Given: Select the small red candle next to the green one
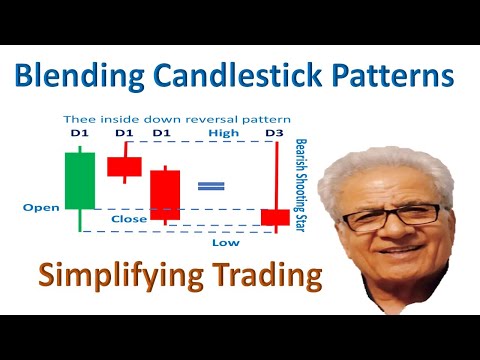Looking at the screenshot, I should [x=125, y=165].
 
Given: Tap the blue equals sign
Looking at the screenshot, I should [x=211, y=186].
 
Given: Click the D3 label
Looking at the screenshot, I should [x=275, y=132].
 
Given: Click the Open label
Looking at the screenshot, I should [x=39, y=209].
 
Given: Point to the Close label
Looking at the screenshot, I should [x=129, y=218].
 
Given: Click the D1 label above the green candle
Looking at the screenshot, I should [x=78, y=132].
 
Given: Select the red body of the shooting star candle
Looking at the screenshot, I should [x=275, y=217].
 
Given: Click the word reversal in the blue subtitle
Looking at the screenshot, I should [x=201, y=116].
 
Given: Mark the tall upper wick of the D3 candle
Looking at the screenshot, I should [x=275, y=175].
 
